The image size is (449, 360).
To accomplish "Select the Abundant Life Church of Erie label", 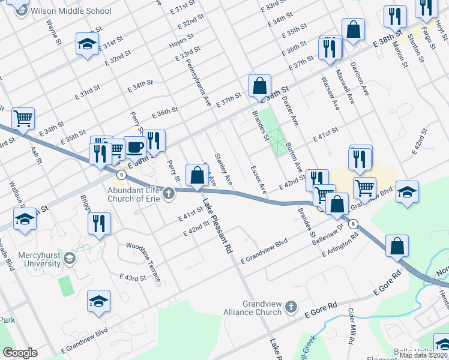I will [133, 193].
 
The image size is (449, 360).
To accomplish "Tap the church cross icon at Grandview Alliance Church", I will [291, 307].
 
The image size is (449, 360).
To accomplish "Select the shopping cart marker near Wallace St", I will [23, 119].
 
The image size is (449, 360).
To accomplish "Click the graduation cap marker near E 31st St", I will [88, 43].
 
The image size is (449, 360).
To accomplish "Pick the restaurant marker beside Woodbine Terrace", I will [99, 223].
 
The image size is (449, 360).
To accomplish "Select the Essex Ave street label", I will [258, 180].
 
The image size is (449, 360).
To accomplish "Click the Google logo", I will [20, 353].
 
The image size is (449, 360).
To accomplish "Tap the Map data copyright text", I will [423, 355].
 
